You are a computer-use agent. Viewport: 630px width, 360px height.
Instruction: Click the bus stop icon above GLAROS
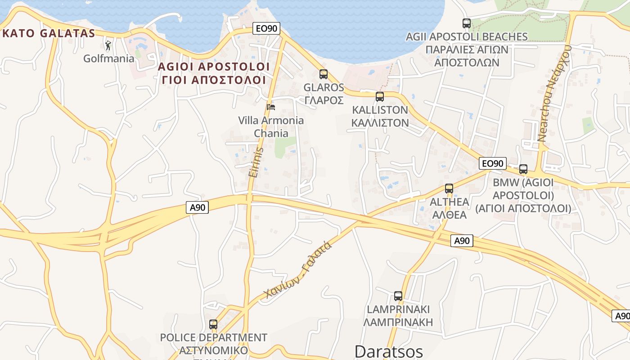click(324, 74)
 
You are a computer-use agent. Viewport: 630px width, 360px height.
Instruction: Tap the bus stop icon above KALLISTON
click(380, 96)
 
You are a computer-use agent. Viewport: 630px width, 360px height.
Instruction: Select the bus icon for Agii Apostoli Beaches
click(467, 23)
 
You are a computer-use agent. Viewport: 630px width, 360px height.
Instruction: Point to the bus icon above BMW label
click(523, 169)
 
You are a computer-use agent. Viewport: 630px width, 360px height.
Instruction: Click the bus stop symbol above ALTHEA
click(449, 189)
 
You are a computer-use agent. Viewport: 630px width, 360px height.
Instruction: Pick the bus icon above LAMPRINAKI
click(398, 296)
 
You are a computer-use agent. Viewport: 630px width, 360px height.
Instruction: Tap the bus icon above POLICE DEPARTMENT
click(213, 324)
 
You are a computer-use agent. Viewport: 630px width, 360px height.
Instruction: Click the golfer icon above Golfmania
click(108, 45)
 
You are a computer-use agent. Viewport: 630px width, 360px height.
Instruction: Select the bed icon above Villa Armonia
click(271, 107)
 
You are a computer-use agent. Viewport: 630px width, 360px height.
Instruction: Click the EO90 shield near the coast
click(266, 29)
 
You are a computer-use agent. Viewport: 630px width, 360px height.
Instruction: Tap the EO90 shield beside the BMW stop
click(493, 163)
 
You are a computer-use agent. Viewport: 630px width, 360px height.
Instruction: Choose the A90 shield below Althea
click(462, 241)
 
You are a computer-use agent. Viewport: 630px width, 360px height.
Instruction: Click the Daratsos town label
click(389, 351)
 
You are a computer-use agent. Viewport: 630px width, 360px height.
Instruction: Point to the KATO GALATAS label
click(49, 33)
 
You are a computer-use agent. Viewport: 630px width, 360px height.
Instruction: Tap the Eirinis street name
click(255, 162)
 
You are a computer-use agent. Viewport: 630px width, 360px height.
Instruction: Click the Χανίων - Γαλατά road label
click(298, 270)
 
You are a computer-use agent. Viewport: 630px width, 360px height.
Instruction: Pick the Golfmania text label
click(109, 58)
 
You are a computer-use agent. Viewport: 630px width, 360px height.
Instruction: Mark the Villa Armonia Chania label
click(271, 127)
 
